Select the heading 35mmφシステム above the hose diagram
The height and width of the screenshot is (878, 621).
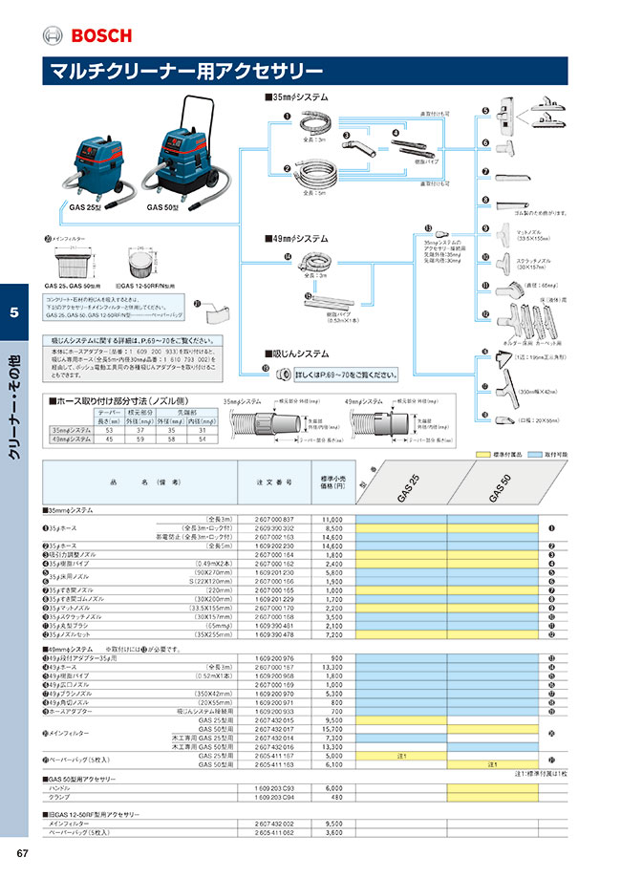tap(297, 97)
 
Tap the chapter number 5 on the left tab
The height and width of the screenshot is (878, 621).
tap(13, 312)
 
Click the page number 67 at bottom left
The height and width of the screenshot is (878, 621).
tap(20, 853)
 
